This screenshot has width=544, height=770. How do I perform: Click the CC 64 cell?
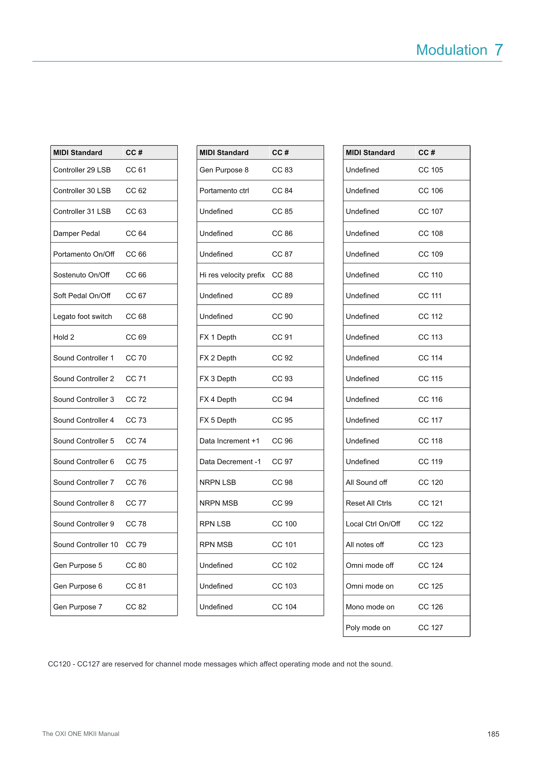(x=136, y=233)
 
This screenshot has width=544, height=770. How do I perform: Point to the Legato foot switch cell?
(x=82, y=317)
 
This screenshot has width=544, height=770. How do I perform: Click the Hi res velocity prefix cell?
(x=232, y=275)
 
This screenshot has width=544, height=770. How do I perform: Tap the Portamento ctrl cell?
(x=224, y=191)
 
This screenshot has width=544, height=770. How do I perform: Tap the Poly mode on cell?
(x=368, y=628)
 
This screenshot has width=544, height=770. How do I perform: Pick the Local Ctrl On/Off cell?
(x=373, y=524)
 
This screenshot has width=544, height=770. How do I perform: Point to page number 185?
(x=493, y=734)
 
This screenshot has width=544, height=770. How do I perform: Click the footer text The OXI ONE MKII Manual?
(x=81, y=734)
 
